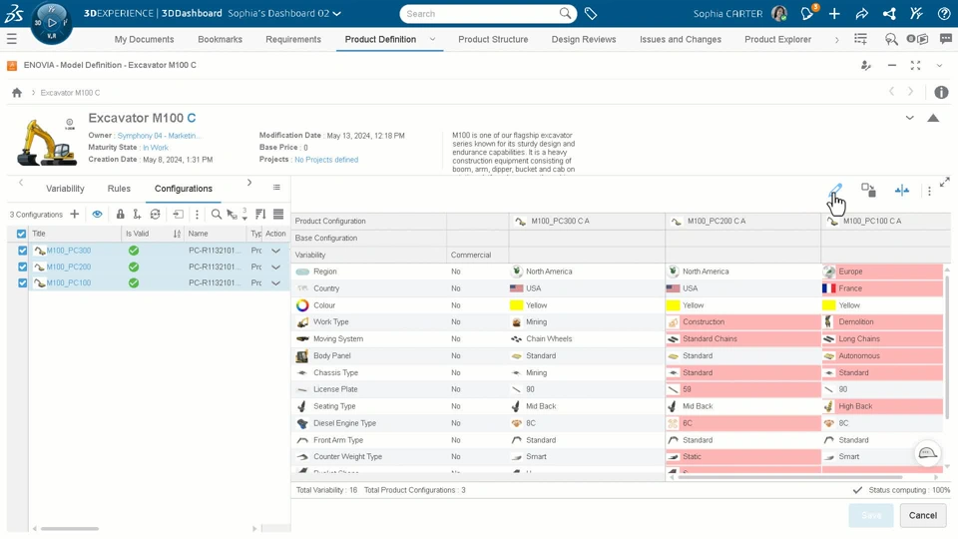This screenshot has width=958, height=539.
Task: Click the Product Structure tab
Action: pyautogui.click(x=493, y=39)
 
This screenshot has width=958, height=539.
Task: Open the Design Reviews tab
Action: pyautogui.click(x=584, y=39)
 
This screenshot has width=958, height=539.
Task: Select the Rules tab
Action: pyautogui.click(x=119, y=189)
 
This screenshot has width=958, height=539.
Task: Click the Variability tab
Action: pyautogui.click(x=65, y=189)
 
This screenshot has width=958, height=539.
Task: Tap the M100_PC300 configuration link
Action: pyautogui.click(x=69, y=251)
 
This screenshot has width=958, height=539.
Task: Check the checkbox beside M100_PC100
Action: pyautogui.click(x=23, y=282)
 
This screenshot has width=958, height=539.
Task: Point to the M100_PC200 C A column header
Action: pyautogui.click(x=717, y=222)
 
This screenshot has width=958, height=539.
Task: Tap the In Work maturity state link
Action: pyautogui.click(x=155, y=148)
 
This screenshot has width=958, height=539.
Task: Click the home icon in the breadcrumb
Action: pyautogui.click(x=17, y=93)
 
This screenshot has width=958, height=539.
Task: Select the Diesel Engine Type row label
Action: pyautogui.click(x=344, y=423)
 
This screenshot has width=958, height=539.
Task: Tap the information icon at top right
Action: pyautogui.click(x=941, y=93)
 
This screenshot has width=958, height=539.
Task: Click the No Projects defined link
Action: pyautogui.click(x=326, y=160)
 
